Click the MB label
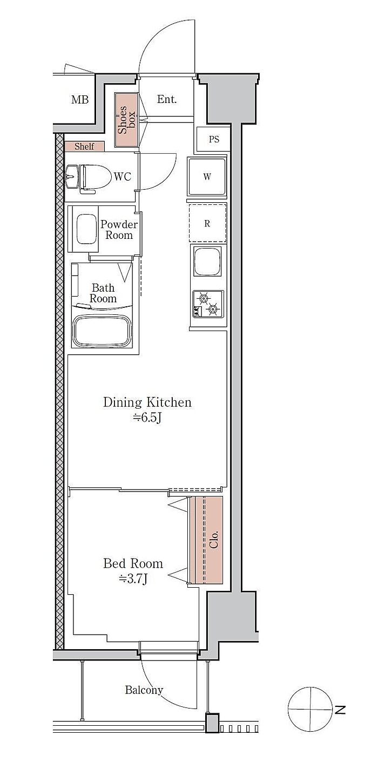(x=80, y=100)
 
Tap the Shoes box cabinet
(x=126, y=120)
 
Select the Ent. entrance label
(x=166, y=99)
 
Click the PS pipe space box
(x=213, y=139)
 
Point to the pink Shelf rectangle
(x=84, y=146)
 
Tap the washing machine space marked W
(x=207, y=176)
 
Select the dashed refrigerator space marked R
(x=207, y=223)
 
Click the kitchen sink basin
(x=207, y=262)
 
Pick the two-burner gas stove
(x=207, y=304)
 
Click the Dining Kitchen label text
(x=147, y=402)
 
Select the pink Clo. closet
(x=208, y=540)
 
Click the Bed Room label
(x=133, y=563)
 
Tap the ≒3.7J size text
(x=132, y=579)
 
